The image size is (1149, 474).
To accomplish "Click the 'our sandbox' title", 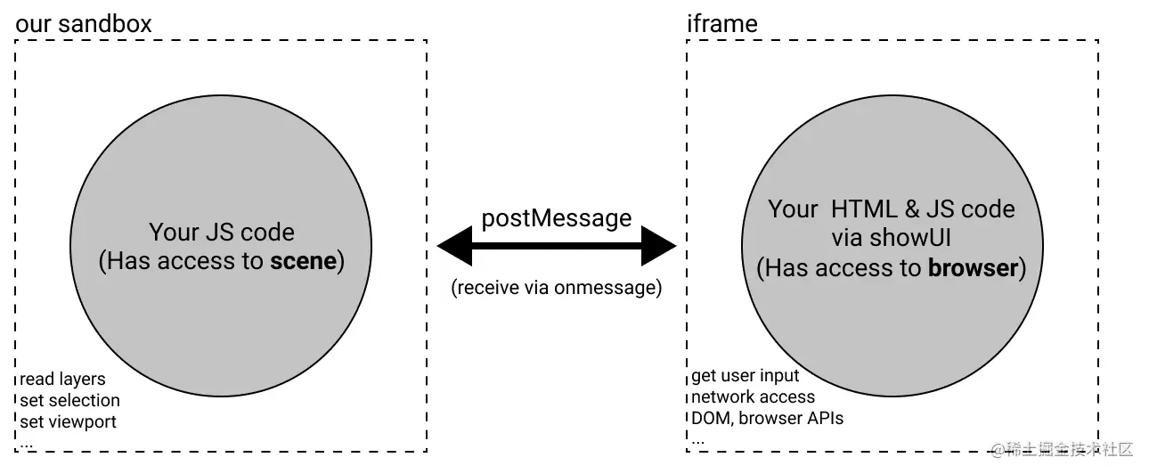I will pos(84,23).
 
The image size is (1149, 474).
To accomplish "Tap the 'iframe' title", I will pos(721,23).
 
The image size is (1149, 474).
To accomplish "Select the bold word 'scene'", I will pos(304,262).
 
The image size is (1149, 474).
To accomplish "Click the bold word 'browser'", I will pos(973,267).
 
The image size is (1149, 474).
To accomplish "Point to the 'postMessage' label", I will pos(557,218).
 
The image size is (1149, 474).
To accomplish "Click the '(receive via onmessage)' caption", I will pos(557,289).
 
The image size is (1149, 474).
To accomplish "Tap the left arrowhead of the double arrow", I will pos(455,246).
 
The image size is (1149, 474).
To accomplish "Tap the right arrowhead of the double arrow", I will pos(658,246).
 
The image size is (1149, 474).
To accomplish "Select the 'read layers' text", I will pos(62,380).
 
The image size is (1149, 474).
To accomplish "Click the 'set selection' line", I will pos(69,400).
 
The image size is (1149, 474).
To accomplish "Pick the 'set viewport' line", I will pos(68,421).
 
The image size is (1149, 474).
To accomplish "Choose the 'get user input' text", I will pos(746,376).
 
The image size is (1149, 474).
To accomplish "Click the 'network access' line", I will pos(753,396).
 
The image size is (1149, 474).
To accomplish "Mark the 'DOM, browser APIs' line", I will pos(767,417).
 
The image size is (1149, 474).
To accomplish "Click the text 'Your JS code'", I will pos(221,233).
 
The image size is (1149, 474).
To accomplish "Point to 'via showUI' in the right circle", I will pos(891,238).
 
